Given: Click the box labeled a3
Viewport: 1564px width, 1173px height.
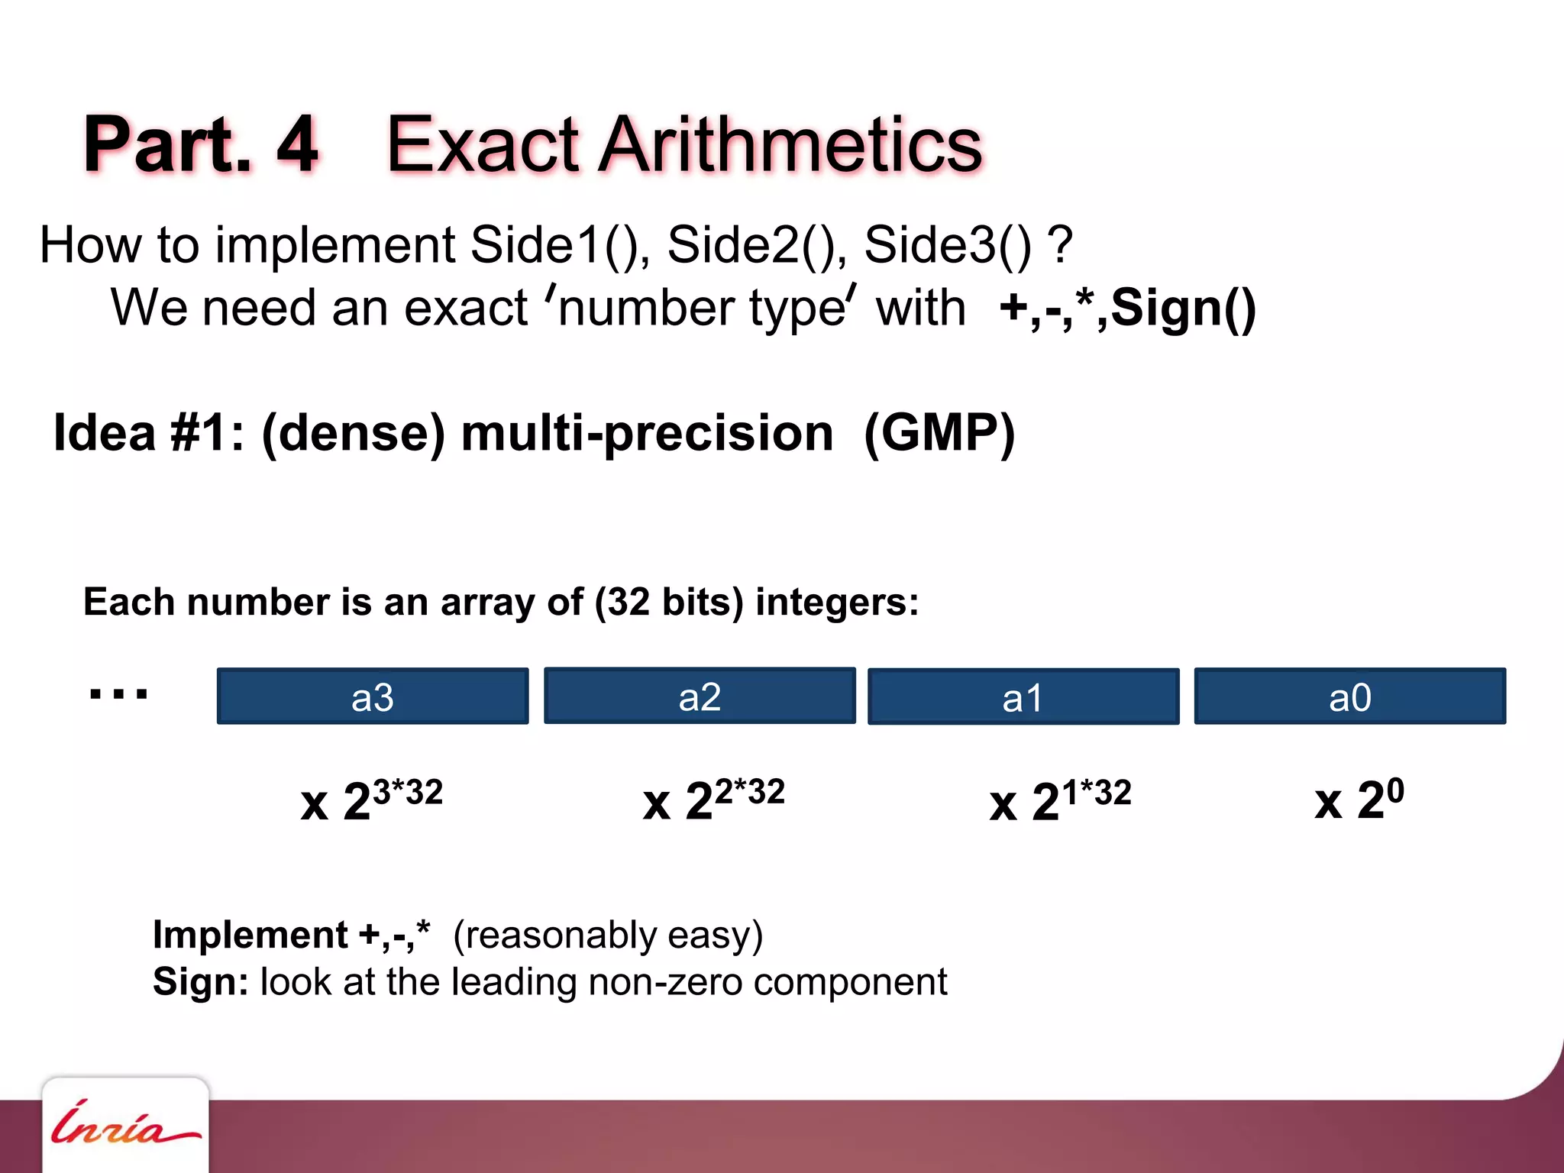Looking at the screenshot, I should tap(373, 696).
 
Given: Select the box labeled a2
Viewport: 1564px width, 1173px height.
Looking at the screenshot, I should tap(700, 696).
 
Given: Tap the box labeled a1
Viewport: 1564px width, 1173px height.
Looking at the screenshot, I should tap(1023, 696).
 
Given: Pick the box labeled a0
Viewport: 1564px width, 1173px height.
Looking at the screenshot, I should tap(1350, 696).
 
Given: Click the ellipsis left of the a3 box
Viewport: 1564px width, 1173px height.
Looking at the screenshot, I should tap(118, 694).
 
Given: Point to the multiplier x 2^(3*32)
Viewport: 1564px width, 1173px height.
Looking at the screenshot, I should tap(371, 800).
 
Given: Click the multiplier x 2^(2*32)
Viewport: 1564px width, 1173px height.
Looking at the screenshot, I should tap(713, 800).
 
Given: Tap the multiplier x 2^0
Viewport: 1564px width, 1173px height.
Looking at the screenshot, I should tap(1359, 800).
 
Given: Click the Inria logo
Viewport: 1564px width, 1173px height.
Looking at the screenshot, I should tap(124, 1126).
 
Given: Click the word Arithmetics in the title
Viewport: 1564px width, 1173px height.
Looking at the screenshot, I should tap(790, 145).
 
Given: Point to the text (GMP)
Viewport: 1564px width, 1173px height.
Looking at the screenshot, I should tap(939, 433).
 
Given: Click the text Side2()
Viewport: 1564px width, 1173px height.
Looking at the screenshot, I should tap(756, 245).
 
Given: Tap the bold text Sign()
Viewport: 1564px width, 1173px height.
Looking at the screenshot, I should tap(1183, 309).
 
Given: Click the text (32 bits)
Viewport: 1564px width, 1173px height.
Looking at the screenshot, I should tap(669, 602).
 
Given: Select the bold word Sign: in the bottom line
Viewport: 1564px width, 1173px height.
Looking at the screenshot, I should tap(200, 981).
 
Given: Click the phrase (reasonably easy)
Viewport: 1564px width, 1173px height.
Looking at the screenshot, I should tap(608, 935).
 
